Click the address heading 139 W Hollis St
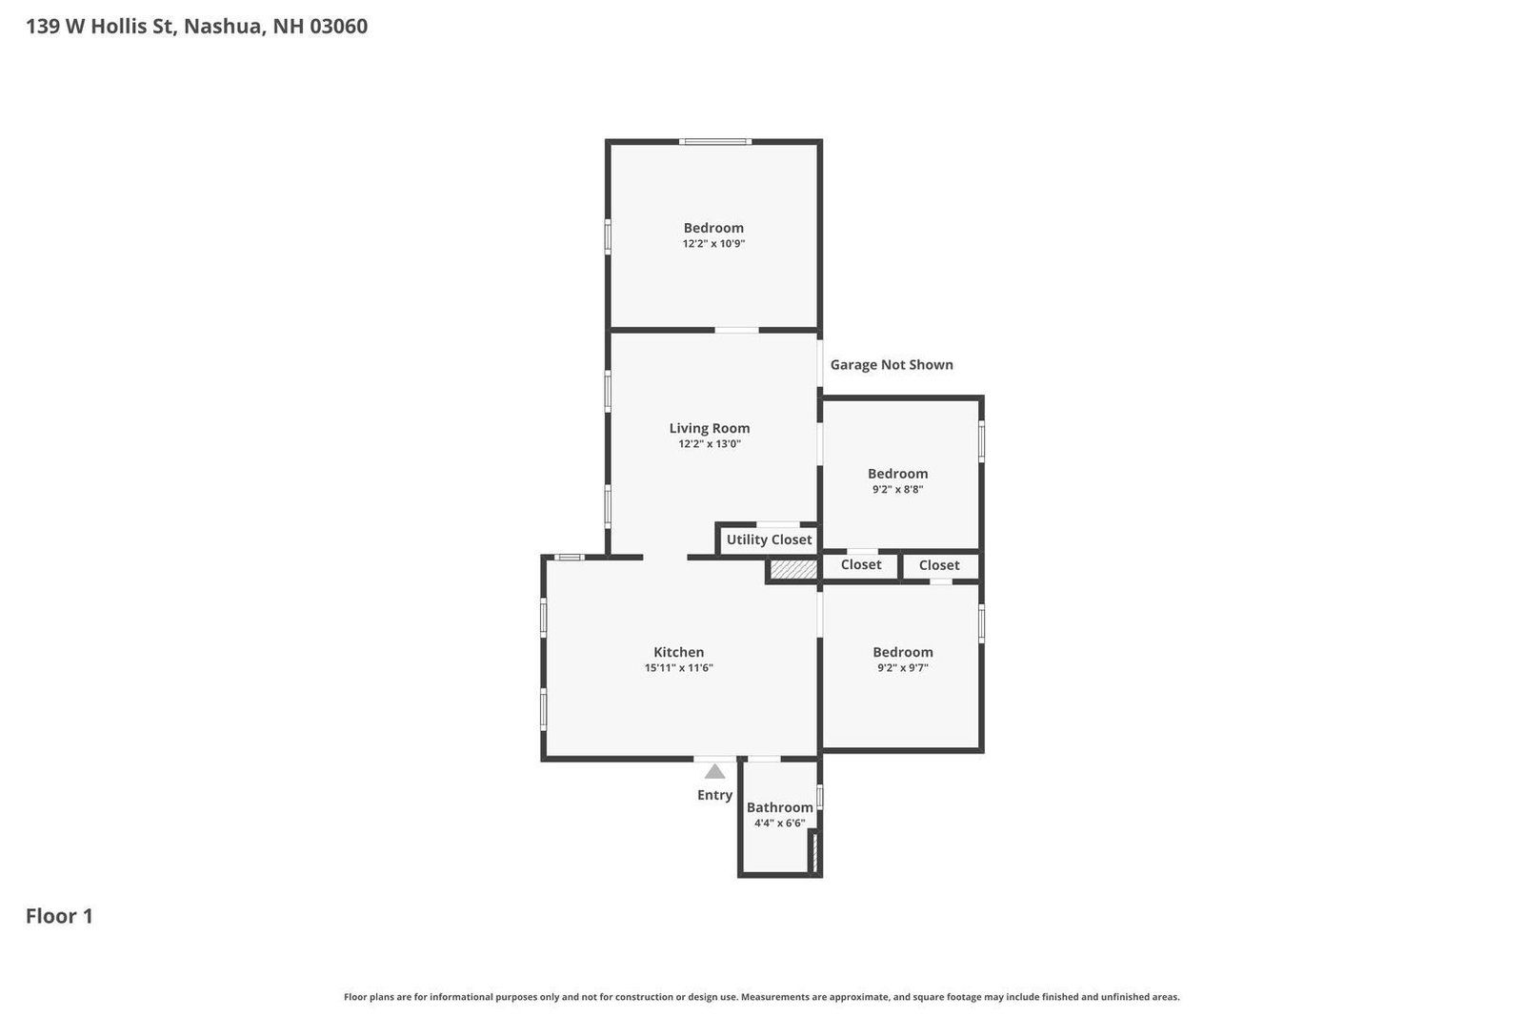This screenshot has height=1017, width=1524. point(196,26)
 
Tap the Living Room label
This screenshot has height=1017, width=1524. point(709,428)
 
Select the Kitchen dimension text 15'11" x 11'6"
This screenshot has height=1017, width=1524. point(678,668)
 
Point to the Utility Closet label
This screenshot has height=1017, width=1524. point(769,539)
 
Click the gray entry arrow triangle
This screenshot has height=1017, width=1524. point(714,772)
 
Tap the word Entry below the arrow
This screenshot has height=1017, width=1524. point(714,795)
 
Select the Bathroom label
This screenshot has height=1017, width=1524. point(779,807)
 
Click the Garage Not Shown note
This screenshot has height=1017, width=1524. point(891,364)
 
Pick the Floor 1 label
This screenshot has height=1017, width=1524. point(59,916)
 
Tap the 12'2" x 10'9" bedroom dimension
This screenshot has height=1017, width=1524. point(712,244)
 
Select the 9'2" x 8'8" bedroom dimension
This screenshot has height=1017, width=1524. point(897,490)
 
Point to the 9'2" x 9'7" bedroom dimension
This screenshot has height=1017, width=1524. point(902,668)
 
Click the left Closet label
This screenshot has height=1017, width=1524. point(860,564)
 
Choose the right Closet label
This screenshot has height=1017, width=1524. point(938,565)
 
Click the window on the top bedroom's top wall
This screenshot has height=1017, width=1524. point(714,142)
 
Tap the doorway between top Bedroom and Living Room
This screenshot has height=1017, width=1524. point(736,330)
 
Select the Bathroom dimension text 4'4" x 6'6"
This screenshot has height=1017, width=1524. point(779,824)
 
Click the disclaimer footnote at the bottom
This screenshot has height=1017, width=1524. point(761,997)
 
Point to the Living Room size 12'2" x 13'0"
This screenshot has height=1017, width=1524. point(709,444)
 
